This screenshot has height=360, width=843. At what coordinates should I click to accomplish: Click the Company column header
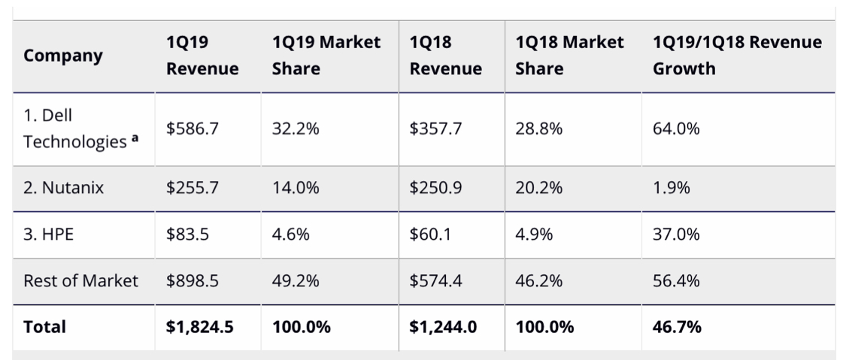point(63,56)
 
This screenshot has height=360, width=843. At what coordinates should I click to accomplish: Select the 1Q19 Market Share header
point(326,56)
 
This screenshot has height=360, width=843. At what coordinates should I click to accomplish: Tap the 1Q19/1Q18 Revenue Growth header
point(737,56)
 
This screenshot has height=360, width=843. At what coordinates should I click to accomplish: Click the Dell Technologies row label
point(74,129)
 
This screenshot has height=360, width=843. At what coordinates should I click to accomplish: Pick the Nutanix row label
point(63,189)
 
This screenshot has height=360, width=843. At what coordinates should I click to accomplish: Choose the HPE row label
point(48,234)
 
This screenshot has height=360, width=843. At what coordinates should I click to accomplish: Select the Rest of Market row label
point(80,281)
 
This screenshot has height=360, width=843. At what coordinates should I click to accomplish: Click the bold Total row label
point(44,327)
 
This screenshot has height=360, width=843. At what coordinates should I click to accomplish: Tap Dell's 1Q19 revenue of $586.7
point(193,129)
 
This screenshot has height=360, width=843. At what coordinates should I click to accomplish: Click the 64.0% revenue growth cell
point(676,129)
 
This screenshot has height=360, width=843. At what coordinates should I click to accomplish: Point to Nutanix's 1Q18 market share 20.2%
point(538,189)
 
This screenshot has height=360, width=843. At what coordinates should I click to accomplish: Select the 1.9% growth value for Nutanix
point(671,189)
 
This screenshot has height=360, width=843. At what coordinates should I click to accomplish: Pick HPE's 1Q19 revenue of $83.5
point(188,234)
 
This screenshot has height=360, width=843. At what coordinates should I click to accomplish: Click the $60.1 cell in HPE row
point(430,234)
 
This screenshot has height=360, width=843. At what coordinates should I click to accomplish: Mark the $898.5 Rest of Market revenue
point(193,281)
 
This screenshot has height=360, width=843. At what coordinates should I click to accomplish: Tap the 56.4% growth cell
point(676,281)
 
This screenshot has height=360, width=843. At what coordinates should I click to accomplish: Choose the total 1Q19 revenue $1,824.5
point(200,327)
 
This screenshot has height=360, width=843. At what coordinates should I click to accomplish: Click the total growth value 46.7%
point(677,327)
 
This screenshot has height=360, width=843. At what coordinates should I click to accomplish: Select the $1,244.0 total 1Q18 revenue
point(443,327)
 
